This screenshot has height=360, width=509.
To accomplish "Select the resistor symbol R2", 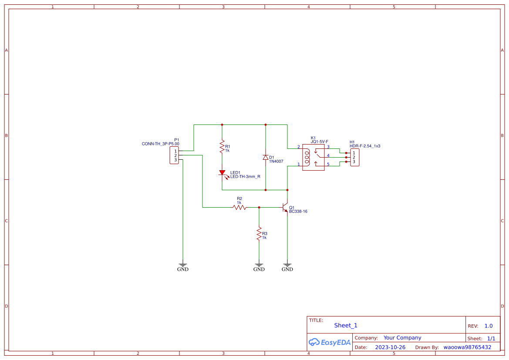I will pos(239,207).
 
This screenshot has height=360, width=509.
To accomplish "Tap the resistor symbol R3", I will pos(259,233).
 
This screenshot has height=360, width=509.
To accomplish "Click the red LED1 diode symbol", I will pos(222,173).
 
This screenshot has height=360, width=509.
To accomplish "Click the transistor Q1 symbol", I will pos(285,207).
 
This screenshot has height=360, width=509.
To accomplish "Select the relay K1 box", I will pos(313,158).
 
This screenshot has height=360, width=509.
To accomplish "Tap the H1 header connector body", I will pos(354,158).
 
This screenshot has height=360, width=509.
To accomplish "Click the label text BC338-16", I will pos(298,212).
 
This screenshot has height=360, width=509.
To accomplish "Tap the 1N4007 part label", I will pos(276,161).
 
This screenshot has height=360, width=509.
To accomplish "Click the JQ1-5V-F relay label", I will pos(319,142).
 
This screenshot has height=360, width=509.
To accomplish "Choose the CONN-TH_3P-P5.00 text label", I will pos(160,144).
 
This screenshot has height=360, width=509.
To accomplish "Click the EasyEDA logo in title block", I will pos(329,342).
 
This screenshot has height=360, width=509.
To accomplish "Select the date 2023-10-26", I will pos(390,347).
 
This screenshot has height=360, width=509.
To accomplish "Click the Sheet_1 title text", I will pos(346,325).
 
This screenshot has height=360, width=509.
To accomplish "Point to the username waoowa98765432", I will pos(467,347).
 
